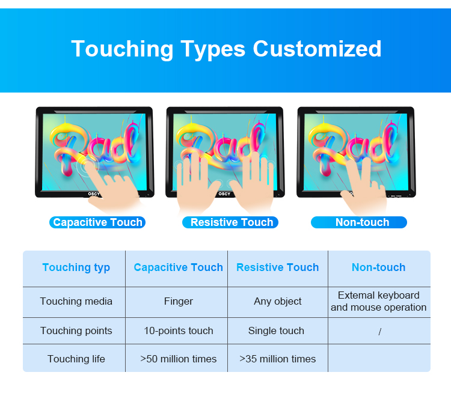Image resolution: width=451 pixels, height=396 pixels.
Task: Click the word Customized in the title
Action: pos(317,49)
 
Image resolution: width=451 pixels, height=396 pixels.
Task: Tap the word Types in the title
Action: pos(213,49)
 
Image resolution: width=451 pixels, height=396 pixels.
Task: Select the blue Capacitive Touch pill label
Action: pos(97,222)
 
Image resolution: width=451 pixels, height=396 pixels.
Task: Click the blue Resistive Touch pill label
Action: pos(230,222)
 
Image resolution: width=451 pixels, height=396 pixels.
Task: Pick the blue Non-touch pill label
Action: pos(359,222)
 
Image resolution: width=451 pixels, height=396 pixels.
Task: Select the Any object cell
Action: pos(278,302)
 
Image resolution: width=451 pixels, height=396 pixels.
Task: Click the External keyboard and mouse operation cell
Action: pos(378,301)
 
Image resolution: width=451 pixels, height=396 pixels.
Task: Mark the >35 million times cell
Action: pos(278,359)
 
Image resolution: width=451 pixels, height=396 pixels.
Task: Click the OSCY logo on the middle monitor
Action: pos(224,193)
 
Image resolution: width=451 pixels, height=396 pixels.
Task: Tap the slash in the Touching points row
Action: pos(379,332)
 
